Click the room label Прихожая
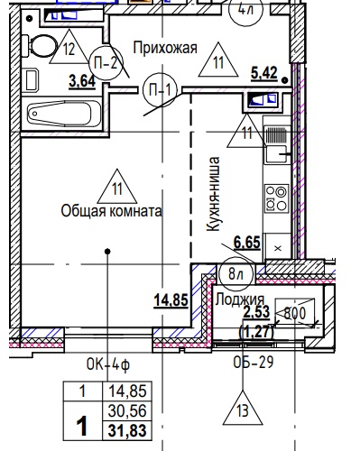coord(165,48)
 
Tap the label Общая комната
coord(112,211)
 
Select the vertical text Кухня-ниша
coord(214,194)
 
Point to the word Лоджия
coord(240,299)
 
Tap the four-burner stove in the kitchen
coord(277,198)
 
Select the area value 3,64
coord(82,81)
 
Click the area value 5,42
coord(264,73)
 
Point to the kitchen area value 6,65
coord(247,243)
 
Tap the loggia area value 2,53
coord(256,312)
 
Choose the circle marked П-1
coord(160,90)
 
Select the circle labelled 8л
coord(235,274)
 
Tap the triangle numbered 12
coord(69,48)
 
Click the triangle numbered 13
coord(243,410)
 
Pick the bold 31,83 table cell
coord(127,430)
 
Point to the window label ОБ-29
coord(254,362)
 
